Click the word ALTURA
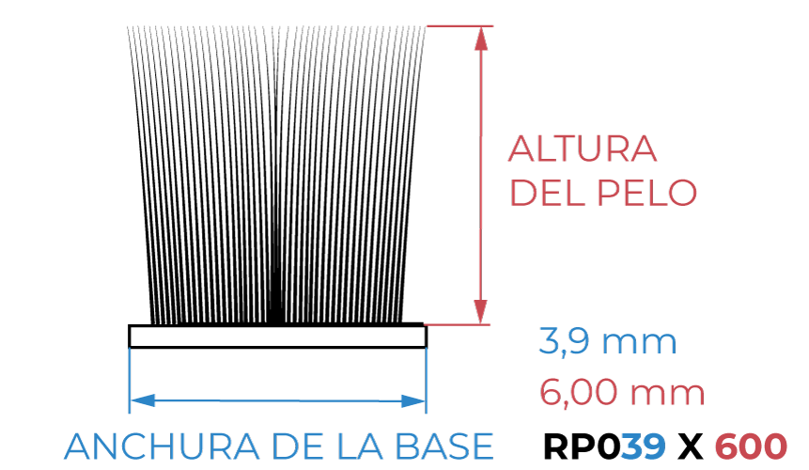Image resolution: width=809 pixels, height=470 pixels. [583, 149]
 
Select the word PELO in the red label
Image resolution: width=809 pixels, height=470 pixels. [647, 193]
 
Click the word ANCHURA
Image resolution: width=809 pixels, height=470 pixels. [162, 446]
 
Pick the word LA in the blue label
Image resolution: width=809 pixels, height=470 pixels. [360, 446]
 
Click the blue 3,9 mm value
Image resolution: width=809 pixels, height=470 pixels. [608, 341]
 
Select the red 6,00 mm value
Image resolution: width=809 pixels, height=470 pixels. [622, 393]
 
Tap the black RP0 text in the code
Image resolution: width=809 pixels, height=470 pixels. [581, 446]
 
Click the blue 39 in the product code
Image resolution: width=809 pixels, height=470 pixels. [643, 446]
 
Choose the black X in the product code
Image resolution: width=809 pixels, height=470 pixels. [691, 446]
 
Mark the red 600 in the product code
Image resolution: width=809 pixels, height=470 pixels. [752, 446]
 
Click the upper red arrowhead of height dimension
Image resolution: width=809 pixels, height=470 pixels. [481, 39]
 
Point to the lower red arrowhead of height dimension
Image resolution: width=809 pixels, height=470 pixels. [481, 312]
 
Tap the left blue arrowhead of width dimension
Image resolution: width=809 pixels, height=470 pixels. [143, 399]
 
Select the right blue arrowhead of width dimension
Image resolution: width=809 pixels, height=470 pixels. [413, 400]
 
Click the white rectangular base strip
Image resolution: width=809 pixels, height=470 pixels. [277, 337]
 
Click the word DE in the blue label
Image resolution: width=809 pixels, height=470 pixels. [298, 446]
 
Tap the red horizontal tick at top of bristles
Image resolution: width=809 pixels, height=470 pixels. [459, 25]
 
